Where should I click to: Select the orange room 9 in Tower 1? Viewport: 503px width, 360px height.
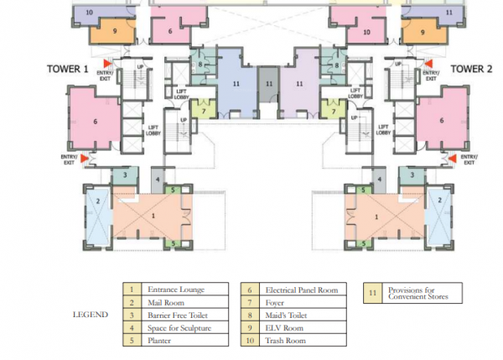(114, 32)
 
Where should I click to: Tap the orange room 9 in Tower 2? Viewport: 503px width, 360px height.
(422, 32)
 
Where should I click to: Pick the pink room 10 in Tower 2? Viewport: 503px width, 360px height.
(366, 32)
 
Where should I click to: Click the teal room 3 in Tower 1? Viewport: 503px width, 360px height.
(124, 175)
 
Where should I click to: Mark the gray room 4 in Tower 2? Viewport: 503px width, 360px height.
(380, 180)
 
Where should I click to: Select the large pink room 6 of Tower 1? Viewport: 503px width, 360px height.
(95, 122)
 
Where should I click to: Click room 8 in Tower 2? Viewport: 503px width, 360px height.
(336, 65)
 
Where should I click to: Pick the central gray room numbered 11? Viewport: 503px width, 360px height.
(268, 85)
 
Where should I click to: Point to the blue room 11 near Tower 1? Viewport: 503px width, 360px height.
(237, 85)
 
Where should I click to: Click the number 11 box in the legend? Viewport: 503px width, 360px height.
(373, 294)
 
